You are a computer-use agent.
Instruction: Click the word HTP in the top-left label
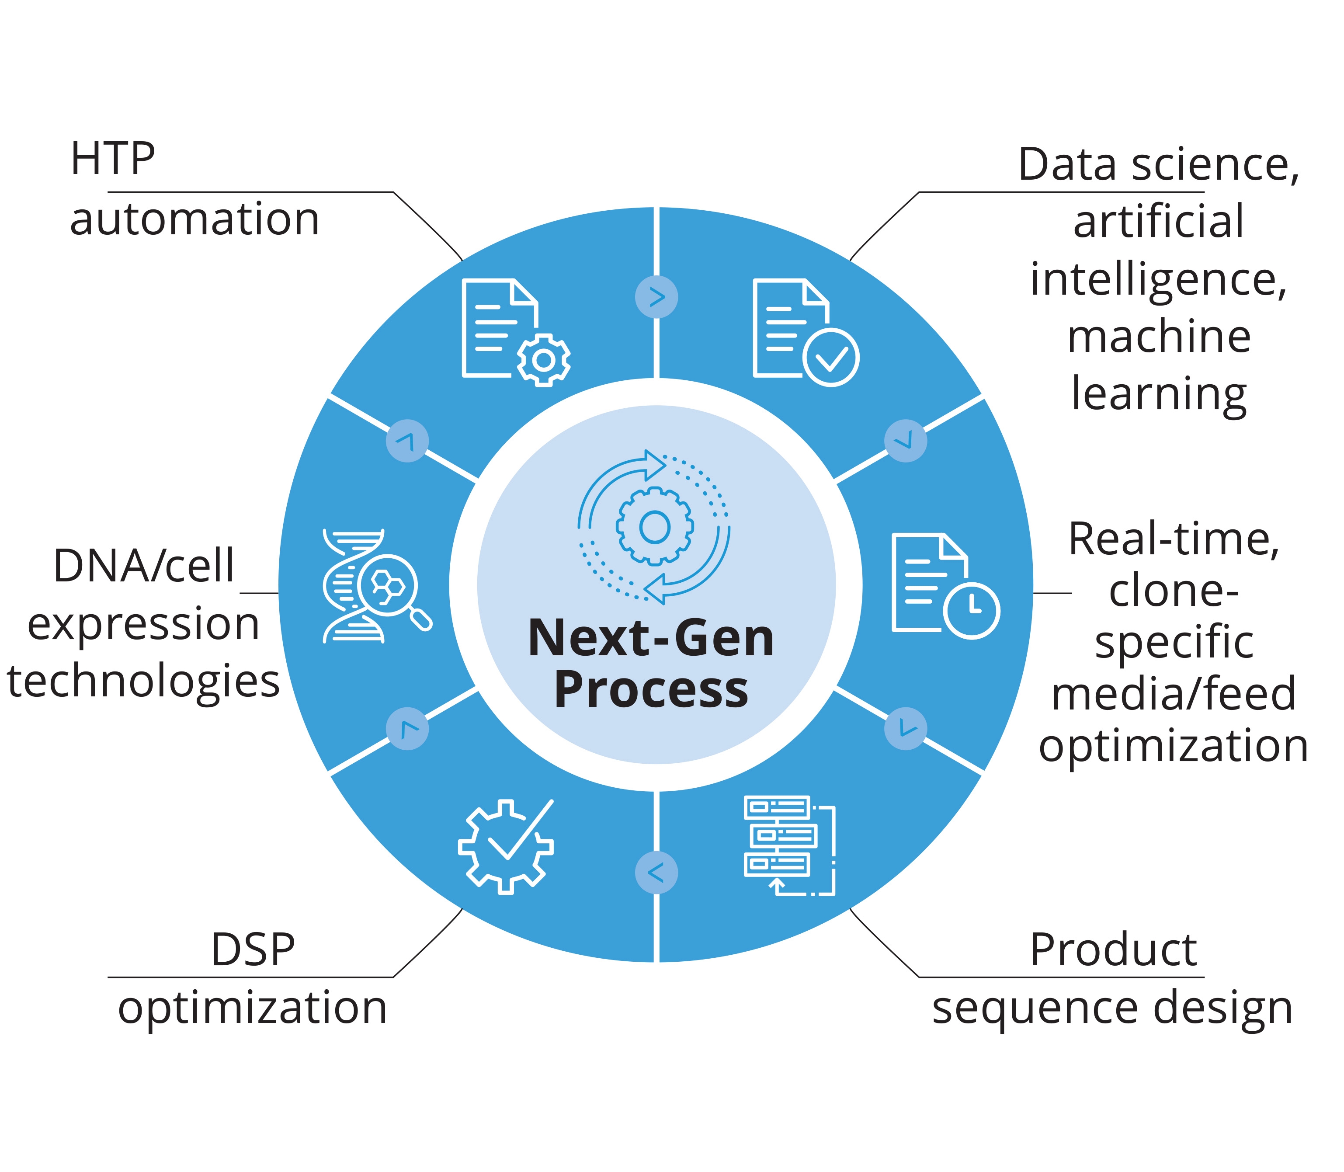coord(112,160)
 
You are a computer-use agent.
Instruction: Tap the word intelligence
coord(1158,280)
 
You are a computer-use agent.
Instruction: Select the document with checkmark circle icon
coord(805,332)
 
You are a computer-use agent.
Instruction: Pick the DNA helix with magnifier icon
coord(375,586)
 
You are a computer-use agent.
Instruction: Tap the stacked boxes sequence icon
coord(789,845)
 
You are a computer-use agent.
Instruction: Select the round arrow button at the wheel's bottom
coord(656,873)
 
